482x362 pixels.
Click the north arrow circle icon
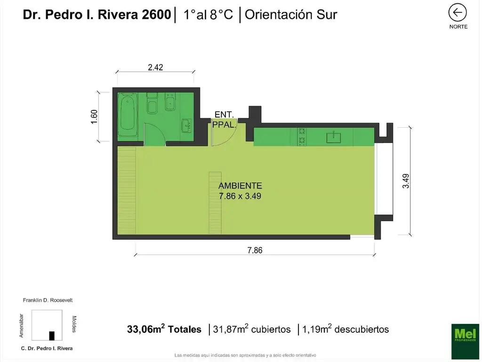point(457,12)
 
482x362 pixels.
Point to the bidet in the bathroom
point(170,102)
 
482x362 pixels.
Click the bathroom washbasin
point(187,125)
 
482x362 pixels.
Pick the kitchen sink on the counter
point(334,137)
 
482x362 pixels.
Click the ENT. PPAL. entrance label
point(224,119)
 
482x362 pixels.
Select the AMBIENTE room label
point(240,186)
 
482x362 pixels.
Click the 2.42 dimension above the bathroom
point(155,67)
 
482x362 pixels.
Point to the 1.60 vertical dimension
point(94,116)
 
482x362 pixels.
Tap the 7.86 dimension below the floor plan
point(255,250)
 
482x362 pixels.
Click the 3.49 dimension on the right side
point(406,181)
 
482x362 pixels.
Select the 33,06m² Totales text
point(164,329)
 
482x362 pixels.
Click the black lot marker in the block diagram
point(52,336)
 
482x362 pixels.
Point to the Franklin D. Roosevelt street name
point(48,300)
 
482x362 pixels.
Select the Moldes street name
point(74,324)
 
